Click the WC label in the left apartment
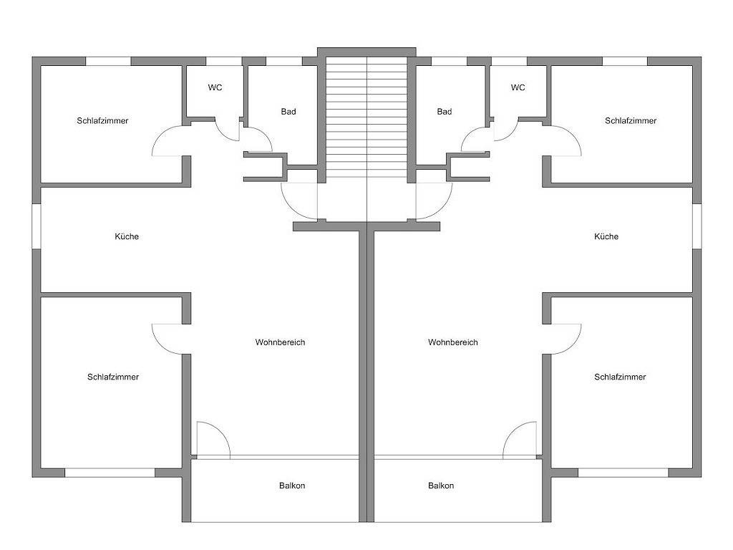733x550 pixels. point(215,87)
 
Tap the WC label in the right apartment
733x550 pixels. point(518,87)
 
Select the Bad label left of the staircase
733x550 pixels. point(288,112)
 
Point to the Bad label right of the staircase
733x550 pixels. point(445,112)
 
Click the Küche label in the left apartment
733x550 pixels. point(127,236)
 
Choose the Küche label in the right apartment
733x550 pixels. point(606,236)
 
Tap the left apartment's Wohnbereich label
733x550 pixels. point(280,342)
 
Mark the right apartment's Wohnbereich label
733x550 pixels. point(453,342)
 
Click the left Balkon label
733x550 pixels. point(292,486)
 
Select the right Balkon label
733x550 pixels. point(441,486)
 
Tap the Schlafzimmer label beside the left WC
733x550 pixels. point(102,120)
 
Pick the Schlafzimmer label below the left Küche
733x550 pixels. point(113,377)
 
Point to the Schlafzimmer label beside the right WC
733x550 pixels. point(631,120)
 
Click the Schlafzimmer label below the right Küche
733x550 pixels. point(620,377)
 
